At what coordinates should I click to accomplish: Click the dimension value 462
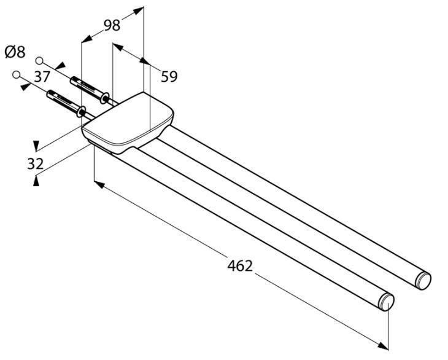click(240, 265)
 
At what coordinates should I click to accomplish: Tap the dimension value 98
click(112, 25)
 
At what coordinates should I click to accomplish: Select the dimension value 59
click(169, 76)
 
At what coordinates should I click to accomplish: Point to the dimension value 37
click(42, 76)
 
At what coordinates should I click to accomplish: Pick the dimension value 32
click(36, 164)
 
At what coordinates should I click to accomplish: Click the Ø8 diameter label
click(15, 52)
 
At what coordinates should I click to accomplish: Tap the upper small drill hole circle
click(39, 61)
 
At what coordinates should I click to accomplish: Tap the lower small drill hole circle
click(17, 74)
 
